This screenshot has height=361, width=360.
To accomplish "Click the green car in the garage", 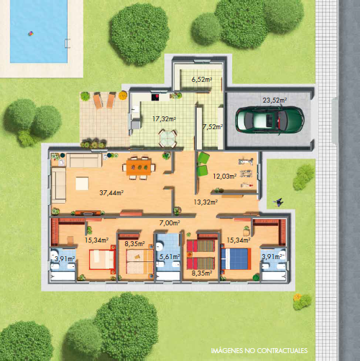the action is point(270,120).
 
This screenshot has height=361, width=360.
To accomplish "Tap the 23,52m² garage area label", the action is point(274,100).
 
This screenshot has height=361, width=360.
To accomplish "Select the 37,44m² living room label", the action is point(111,192).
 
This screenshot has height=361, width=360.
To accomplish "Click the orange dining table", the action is point(139,167).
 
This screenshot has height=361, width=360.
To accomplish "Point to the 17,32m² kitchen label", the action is point(165,118).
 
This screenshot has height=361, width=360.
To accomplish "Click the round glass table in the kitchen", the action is point(167,138).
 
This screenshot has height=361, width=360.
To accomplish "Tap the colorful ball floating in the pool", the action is point(31,34).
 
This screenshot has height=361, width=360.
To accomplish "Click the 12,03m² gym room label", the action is point(225,177).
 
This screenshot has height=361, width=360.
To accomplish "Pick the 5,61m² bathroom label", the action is point(170,257).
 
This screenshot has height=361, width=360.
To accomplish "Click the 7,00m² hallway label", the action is point(170,223).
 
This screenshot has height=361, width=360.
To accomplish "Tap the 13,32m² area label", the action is point(206,202).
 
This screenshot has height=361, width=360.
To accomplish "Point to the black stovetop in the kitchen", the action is point(155,97).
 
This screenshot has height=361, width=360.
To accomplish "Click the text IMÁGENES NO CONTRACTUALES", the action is point(259,350).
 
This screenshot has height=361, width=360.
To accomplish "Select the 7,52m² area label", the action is point(213,127).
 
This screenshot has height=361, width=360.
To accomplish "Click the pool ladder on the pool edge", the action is point(68,44).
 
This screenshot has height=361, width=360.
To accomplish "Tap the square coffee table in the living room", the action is point(82,183).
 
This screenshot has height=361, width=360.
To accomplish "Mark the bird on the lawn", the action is point(278,202).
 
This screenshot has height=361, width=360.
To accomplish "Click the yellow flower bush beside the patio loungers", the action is point(123,95).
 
